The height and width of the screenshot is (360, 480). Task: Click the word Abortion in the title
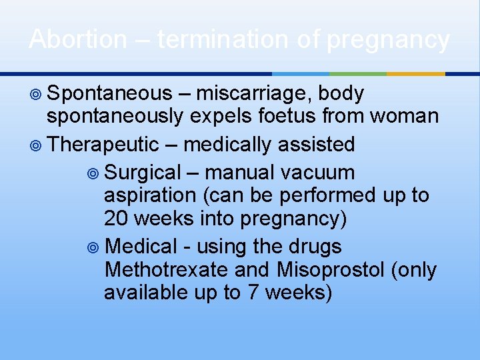[x=77, y=39]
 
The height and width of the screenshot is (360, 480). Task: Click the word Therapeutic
[x=103, y=144]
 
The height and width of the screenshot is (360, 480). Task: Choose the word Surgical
[x=143, y=173]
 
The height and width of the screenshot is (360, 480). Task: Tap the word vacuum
[x=317, y=173]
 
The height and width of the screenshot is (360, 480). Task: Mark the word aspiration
[x=151, y=195]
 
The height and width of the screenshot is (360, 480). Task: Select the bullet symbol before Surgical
[x=93, y=173]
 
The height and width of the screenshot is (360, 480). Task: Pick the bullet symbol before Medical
[x=93, y=247]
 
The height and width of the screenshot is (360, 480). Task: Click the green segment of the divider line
[x=358, y=73]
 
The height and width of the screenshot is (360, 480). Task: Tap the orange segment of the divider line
[x=415, y=73]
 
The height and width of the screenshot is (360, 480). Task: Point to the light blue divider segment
[x=300, y=73]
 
